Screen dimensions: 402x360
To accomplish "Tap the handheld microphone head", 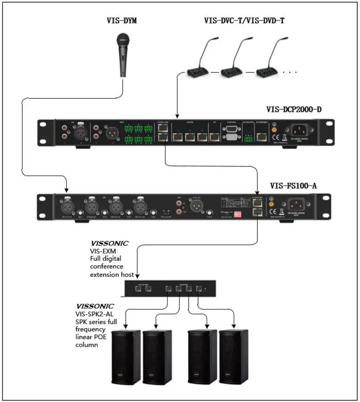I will tap(122, 40).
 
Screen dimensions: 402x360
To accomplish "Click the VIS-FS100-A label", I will tap(293, 185).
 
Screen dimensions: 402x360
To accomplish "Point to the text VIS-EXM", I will tap(100, 252).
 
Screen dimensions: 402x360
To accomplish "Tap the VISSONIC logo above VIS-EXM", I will tap(109, 244).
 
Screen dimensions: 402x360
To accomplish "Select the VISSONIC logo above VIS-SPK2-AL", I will tap(95, 307).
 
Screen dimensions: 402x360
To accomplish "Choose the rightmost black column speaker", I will tap(234, 356).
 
